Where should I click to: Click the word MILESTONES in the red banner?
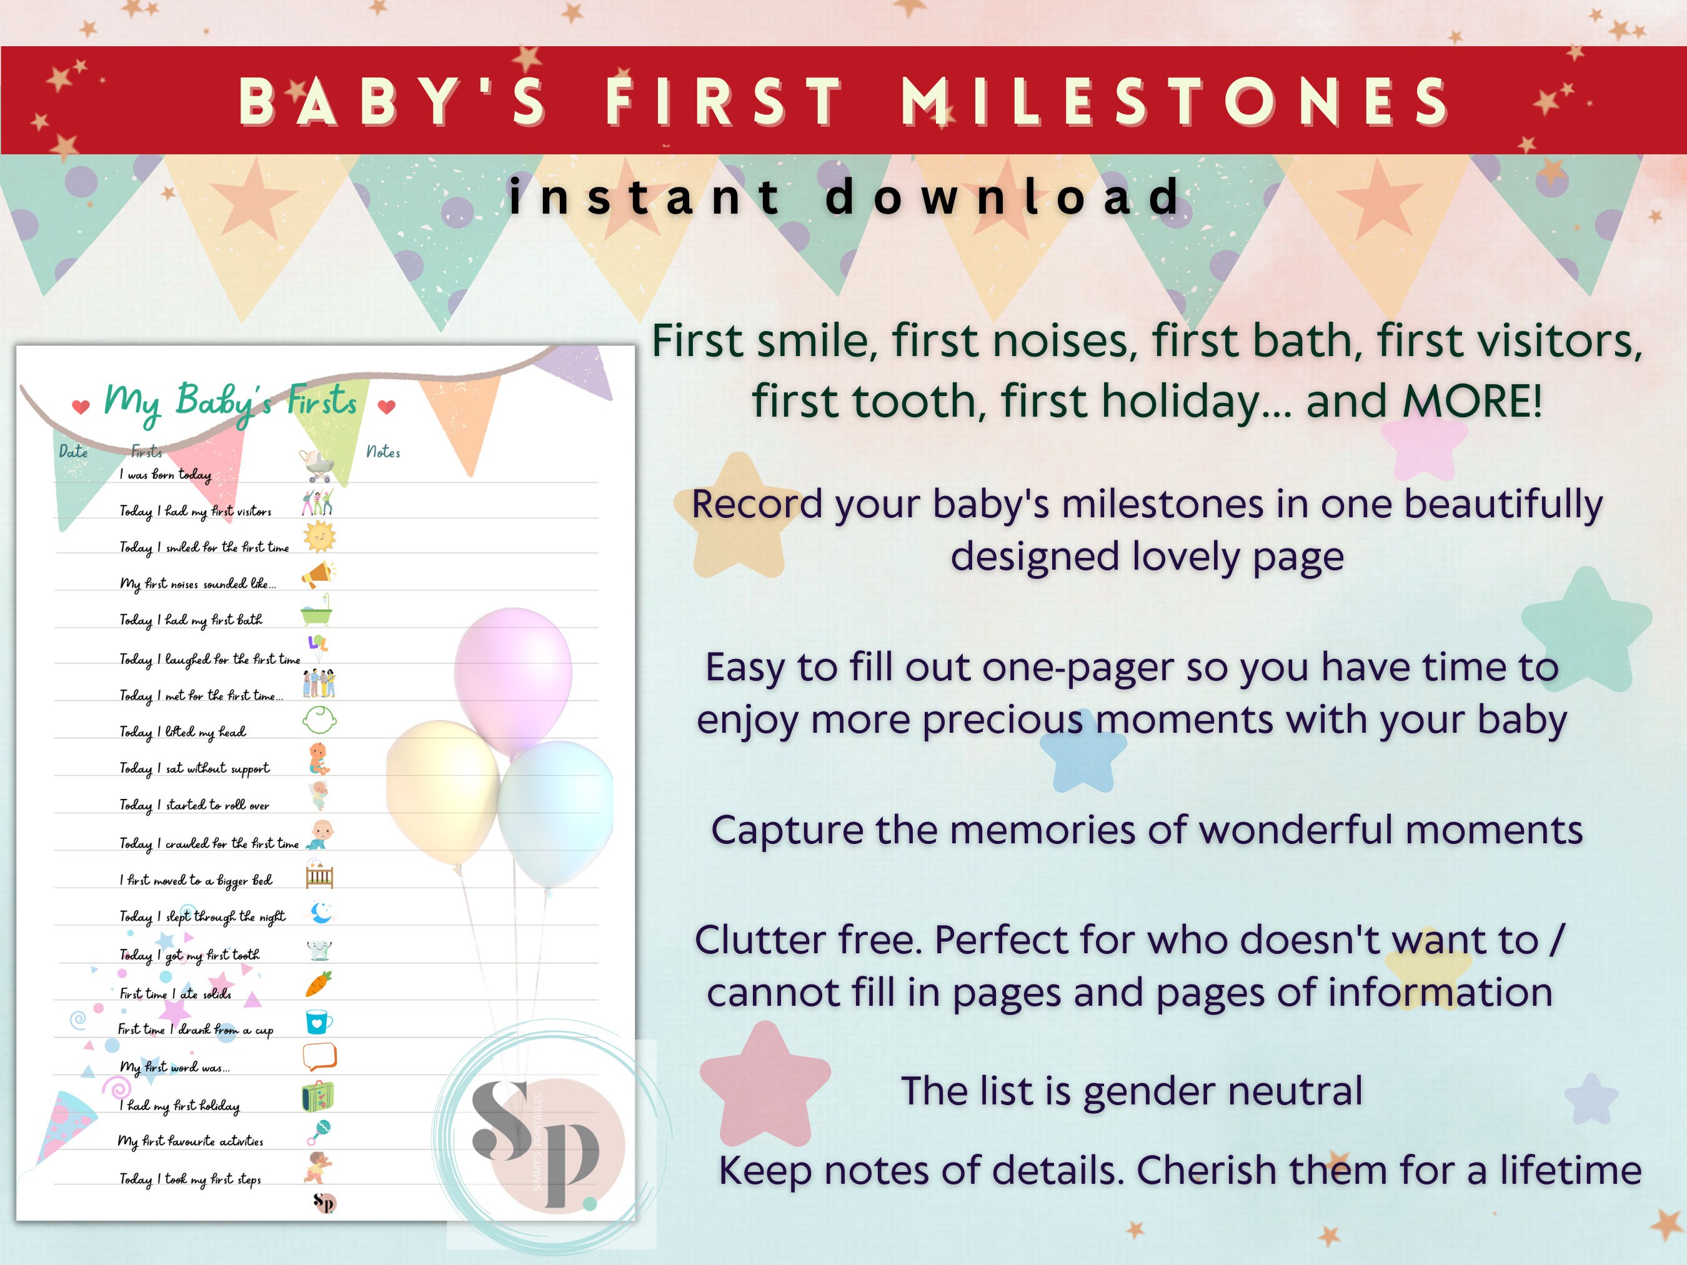click(1175, 101)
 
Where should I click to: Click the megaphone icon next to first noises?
click(319, 574)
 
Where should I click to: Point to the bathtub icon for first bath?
click(317, 612)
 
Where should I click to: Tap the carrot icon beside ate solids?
click(319, 984)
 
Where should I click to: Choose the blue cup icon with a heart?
click(319, 1022)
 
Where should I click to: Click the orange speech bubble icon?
click(319, 1057)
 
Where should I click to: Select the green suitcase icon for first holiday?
click(318, 1096)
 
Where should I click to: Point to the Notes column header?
click(383, 452)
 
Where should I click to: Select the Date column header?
click(73, 452)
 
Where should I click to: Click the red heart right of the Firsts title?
click(387, 407)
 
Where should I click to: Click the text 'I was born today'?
click(165, 475)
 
